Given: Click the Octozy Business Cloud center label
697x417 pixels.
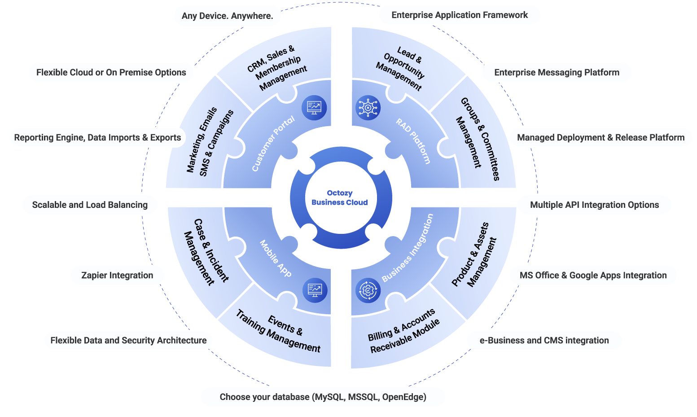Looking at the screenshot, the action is coord(339,198).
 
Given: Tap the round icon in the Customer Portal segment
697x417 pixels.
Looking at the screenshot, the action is coord(314,108).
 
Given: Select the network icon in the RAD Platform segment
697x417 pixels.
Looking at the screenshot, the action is coord(368,108).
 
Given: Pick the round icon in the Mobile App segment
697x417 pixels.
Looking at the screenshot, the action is coord(315,290).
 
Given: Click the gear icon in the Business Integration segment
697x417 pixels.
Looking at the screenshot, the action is coord(368,290).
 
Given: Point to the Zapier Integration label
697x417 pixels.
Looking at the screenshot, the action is coord(117,275).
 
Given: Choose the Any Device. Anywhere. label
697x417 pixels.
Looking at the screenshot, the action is coord(227,16).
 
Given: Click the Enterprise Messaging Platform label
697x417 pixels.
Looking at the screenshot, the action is coord(557,72).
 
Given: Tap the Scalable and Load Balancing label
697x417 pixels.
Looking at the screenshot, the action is coord(90,205).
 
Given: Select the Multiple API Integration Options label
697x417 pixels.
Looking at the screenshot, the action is coord(594,205).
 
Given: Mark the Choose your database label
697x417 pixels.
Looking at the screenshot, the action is coord(323,397).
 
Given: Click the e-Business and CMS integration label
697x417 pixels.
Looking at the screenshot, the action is coord(544,340).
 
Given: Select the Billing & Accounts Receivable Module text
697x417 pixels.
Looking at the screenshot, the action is coord(404,331).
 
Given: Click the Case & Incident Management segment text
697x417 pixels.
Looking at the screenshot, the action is coord(206,252).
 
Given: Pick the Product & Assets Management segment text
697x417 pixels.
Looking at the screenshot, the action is coord(474,255).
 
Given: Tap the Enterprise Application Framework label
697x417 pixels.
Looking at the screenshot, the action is coord(460,15).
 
